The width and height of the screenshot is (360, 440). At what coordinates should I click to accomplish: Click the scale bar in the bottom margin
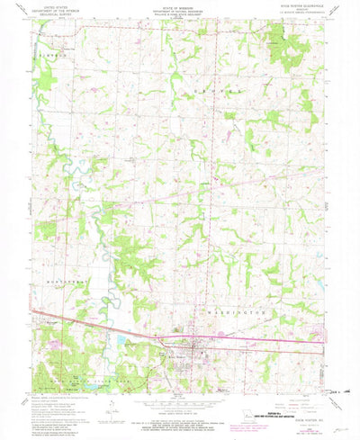point(179,407)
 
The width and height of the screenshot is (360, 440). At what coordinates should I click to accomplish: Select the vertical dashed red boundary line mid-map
point(212,180)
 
